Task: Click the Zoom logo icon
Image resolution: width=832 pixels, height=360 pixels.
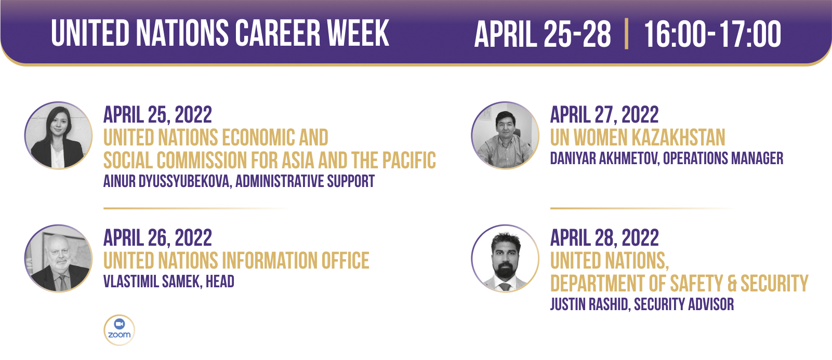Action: [x=119, y=330]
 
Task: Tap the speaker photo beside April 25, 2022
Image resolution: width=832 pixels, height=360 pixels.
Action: [x=58, y=136]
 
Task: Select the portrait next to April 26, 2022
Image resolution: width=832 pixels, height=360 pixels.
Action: [x=58, y=258]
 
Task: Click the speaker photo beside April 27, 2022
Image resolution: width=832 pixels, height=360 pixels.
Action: [x=505, y=136]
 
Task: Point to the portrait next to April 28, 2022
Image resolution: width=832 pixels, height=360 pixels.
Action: [x=505, y=258]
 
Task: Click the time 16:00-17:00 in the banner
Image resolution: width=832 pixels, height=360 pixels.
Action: [x=712, y=34]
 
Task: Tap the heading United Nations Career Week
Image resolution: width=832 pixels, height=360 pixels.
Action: [x=220, y=33]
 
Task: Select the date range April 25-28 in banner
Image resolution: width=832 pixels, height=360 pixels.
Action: [x=543, y=34]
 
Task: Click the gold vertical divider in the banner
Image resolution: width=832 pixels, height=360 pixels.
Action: [x=627, y=33]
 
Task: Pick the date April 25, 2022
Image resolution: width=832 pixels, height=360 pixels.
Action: [x=157, y=115]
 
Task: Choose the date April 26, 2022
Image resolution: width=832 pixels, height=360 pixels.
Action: [x=157, y=237]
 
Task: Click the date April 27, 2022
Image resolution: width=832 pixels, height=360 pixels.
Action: [x=604, y=115]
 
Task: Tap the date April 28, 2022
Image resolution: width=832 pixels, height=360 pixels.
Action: [x=604, y=237]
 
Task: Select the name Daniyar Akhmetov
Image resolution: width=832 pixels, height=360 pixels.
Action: [x=604, y=158]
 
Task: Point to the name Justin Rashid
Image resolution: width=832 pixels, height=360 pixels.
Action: [x=590, y=304]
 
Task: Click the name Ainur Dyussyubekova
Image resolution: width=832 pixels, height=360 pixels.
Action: [x=167, y=181]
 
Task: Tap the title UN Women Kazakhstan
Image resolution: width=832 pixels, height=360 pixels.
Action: [x=637, y=138]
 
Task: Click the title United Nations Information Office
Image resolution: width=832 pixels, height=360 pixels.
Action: [x=236, y=261]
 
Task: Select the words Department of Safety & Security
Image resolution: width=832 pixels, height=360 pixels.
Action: [x=679, y=284]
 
